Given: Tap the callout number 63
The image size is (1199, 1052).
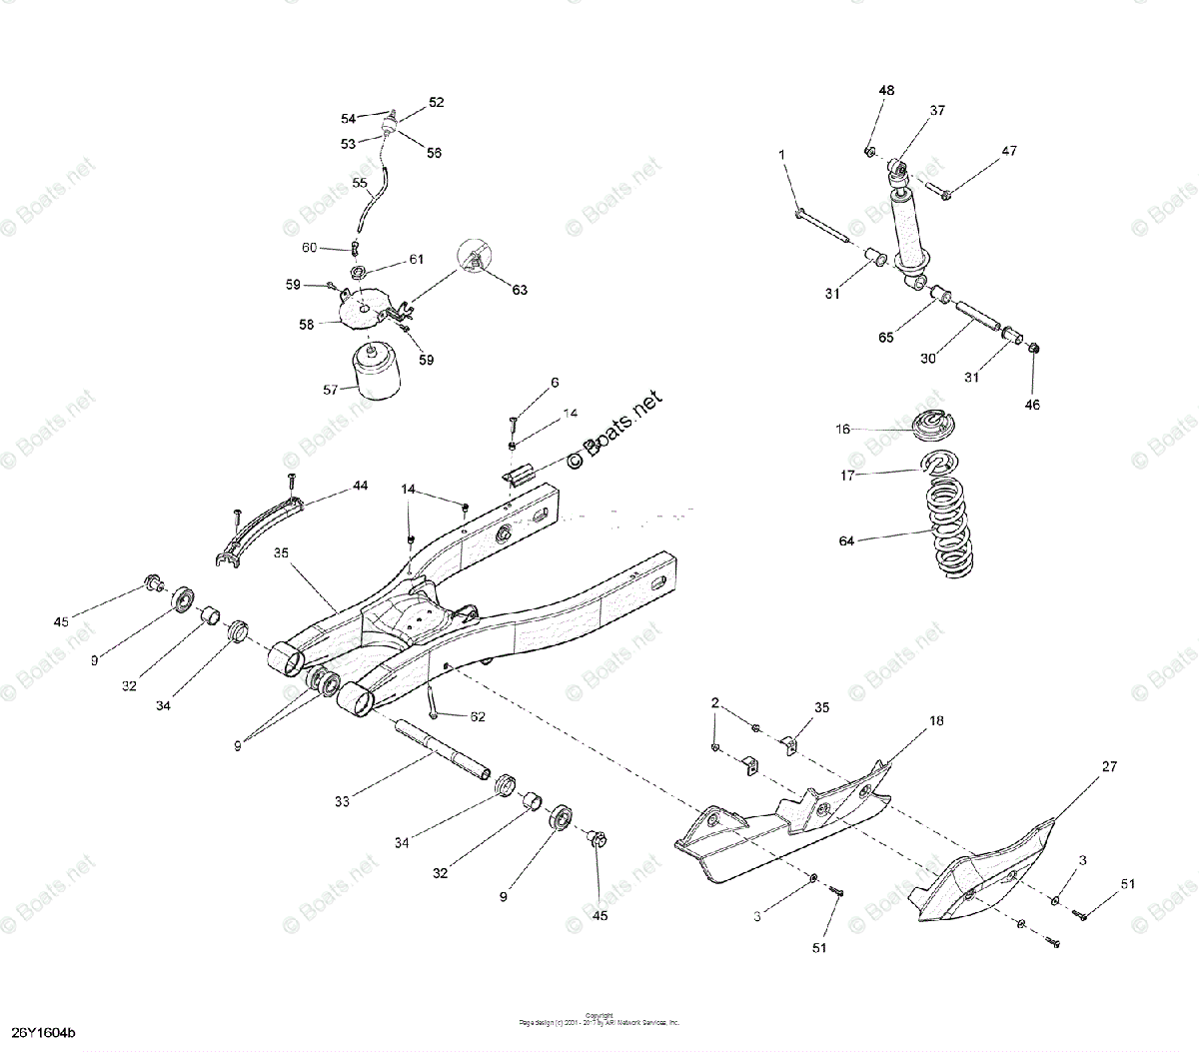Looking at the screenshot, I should click(520, 290).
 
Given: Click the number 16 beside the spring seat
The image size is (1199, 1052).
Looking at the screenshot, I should click(843, 429).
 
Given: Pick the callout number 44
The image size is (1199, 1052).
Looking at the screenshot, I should click(360, 486).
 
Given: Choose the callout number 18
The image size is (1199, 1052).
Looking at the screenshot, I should click(936, 719).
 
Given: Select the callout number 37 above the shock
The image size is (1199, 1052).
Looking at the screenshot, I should click(936, 111).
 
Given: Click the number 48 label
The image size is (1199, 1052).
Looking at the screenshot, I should click(886, 91).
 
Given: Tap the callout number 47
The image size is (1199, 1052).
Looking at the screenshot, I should click(1009, 151).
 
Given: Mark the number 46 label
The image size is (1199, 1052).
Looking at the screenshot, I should click(1032, 406).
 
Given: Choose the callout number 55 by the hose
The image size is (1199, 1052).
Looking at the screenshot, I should click(360, 183).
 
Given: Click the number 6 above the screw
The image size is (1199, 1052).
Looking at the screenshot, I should click(555, 383).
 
